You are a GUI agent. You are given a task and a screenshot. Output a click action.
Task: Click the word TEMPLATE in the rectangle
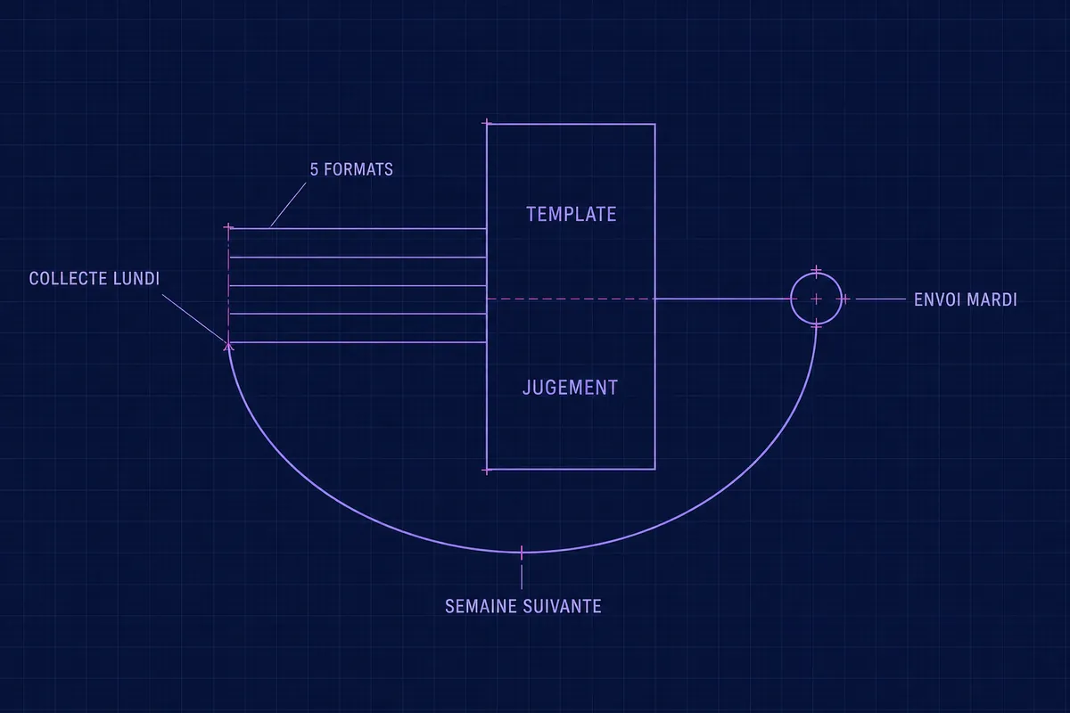pyautogui.click(x=572, y=215)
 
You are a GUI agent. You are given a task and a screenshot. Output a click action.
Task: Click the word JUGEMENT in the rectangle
pyautogui.click(x=571, y=388)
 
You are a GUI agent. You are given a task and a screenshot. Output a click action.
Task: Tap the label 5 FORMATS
pyautogui.click(x=351, y=169)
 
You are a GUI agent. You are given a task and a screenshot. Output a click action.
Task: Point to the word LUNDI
pyautogui.click(x=136, y=279)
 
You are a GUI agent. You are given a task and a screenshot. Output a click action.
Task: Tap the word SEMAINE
pyautogui.click(x=481, y=607)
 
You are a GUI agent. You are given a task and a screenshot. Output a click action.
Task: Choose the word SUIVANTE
pyautogui.click(x=563, y=607)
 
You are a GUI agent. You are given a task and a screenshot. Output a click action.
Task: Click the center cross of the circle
pyautogui.click(x=817, y=299)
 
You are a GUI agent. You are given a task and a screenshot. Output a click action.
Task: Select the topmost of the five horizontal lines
pyautogui.click(x=358, y=229)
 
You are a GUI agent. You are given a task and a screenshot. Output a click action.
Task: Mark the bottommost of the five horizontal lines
pyautogui.click(x=358, y=342)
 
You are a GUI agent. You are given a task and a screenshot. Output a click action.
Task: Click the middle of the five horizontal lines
pyautogui.click(x=358, y=285)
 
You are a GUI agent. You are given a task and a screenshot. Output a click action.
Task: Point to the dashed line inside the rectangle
pyautogui.click(x=571, y=299)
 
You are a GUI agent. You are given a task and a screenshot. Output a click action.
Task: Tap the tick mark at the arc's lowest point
pyautogui.click(x=522, y=553)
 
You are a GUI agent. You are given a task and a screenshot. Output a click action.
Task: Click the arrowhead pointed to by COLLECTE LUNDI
pyautogui.click(x=228, y=346)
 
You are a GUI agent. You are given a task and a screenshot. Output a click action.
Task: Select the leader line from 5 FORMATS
pyautogui.click(x=288, y=205)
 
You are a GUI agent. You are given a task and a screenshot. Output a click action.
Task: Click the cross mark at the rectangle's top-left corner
pyautogui.click(x=487, y=124)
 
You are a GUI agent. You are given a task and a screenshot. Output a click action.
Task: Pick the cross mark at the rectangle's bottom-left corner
pyautogui.click(x=487, y=471)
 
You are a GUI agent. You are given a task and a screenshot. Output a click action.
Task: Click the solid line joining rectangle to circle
pyautogui.click(x=723, y=299)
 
